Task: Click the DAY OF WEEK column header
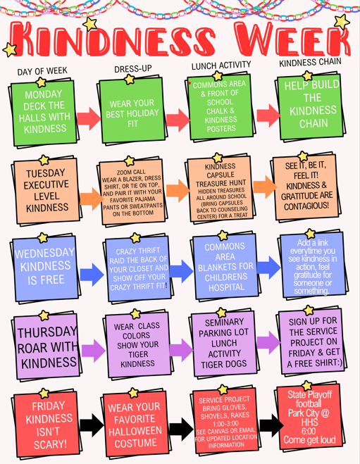pyautogui.click(x=42, y=71)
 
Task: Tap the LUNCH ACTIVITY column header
pyautogui.click(x=221, y=65)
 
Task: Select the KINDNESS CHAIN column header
pyautogui.click(x=310, y=62)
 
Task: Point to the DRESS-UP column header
pyautogui.click(x=133, y=69)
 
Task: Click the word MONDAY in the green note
pyautogui.click(x=44, y=94)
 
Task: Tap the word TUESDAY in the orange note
pyautogui.click(x=46, y=173)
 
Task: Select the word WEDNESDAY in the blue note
pyautogui.click(x=44, y=253)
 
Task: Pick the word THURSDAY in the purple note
pyautogui.click(x=47, y=332)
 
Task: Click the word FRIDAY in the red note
pyautogui.click(x=49, y=406)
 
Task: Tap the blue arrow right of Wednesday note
pyautogui.click(x=92, y=275)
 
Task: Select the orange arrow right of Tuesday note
pyautogui.click(x=92, y=199)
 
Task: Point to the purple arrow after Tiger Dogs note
pyautogui.click(x=268, y=343)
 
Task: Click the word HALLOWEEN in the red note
pyautogui.click(x=135, y=431)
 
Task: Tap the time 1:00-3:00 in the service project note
pyautogui.click(x=225, y=423)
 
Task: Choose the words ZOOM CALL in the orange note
pyautogui.click(x=131, y=173)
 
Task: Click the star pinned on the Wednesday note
pyautogui.click(x=43, y=238)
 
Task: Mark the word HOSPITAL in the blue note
pyautogui.click(x=226, y=287)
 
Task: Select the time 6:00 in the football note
pyautogui.click(x=309, y=431)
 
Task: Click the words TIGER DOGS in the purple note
pyautogui.click(x=224, y=364)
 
